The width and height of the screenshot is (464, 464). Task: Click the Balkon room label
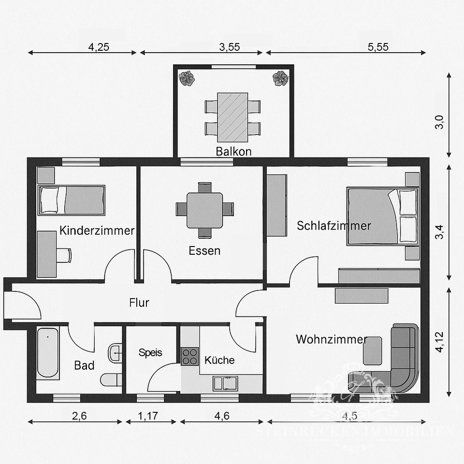pyautogui.click(x=233, y=151)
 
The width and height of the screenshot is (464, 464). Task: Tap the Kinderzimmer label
pyautogui.click(x=97, y=231)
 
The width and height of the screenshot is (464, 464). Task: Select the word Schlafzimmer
pyautogui.click(x=334, y=226)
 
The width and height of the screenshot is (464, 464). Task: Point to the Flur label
pyautogui.click(x=139, y=303)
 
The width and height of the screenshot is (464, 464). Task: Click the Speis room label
pyautogui.click(x=150, y=352)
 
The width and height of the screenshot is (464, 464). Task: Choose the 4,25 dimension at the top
pyautogui.click(x=99, y=47)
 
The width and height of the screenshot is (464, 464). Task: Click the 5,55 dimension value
pyautogui.click(x=377, y=47)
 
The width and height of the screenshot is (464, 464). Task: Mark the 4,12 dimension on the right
pyautogui.click(x=439, y=341)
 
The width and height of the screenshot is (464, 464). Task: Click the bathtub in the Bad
pyautogui.click(x=48, y=353)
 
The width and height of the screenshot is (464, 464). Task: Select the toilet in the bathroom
pyautogui.click(x=111, y=379)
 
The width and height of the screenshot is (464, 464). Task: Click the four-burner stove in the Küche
pyautogui.click(x=190, y=356)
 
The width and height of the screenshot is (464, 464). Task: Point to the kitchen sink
pyautogui.click(x=225, y=383)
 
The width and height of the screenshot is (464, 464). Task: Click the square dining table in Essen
pyautogui.click(x=204, y=210)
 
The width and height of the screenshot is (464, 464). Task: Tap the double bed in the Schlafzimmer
pyautogui.click(x=382, y=216)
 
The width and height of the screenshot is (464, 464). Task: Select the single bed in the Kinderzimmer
pyautogui.click(x=71, y=200)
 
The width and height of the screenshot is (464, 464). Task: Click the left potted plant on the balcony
pyautogui.click(x=186, y=78)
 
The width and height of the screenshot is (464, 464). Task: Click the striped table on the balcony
pyautogui.click(x=232, y=116)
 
